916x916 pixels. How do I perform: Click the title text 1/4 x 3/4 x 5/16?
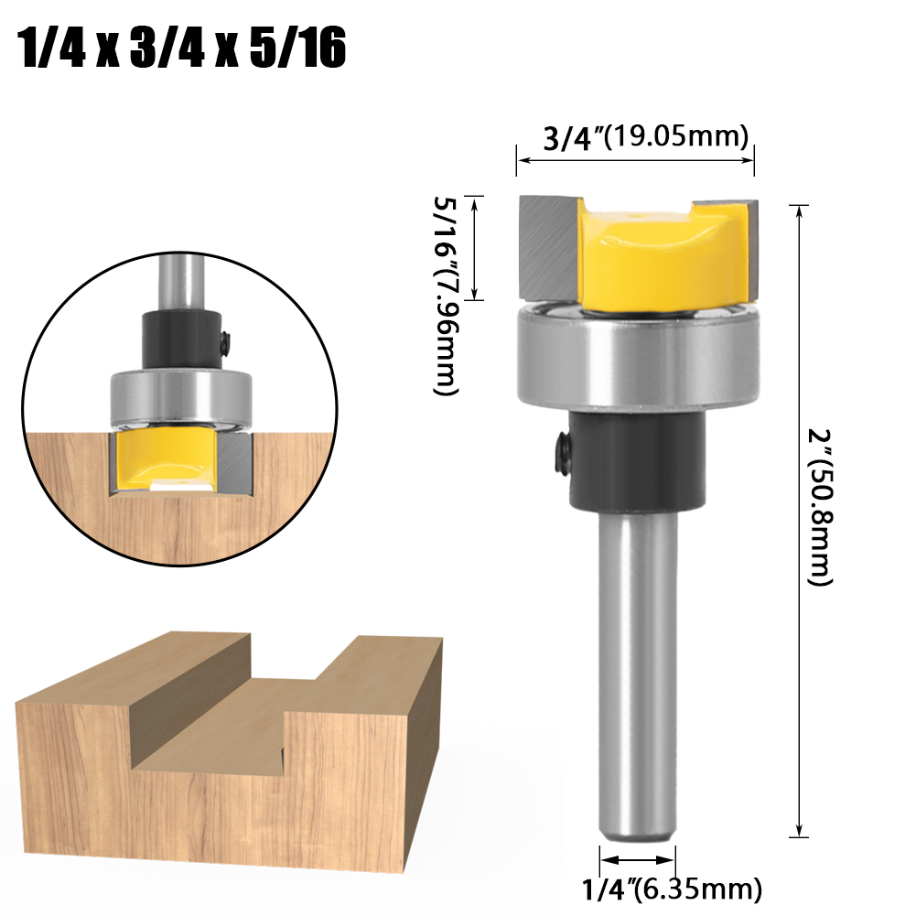coord(183,50)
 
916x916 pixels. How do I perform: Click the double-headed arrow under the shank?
coord(638,860)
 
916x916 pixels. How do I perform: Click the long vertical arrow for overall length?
coord(801,522)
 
